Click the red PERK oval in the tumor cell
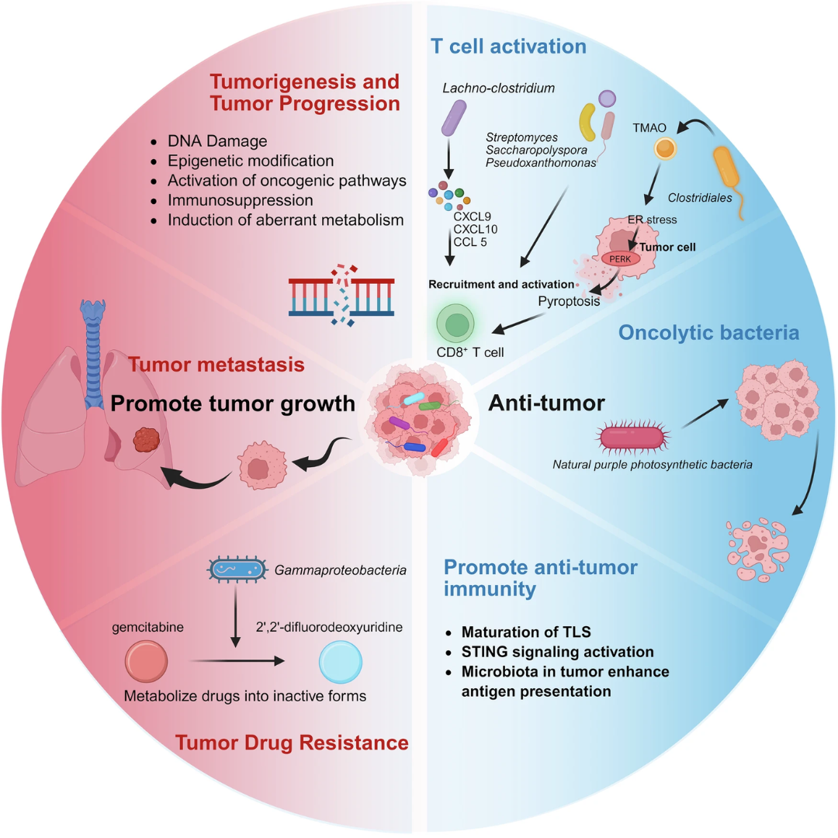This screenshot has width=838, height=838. point(617,258)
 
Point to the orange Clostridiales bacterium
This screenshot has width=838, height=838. point(730,174)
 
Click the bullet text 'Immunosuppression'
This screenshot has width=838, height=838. point(231,200)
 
